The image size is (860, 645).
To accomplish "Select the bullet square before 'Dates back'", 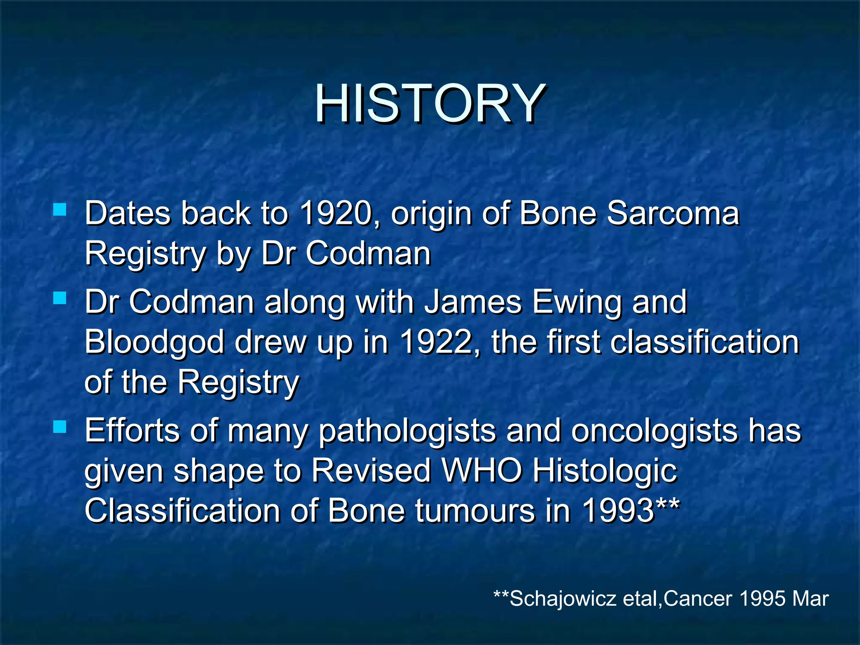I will pyautogui.click(x=60, y=209).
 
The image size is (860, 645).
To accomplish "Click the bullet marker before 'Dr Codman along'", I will pyautogui.click(x=60, y=298).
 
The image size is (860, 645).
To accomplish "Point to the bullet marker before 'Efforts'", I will pyautogui.click(x=60, y=427).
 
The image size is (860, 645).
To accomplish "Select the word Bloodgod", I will pyautogui.click(x=155, y=343).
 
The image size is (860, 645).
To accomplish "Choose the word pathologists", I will pyautogui.click(x=407, y=432).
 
